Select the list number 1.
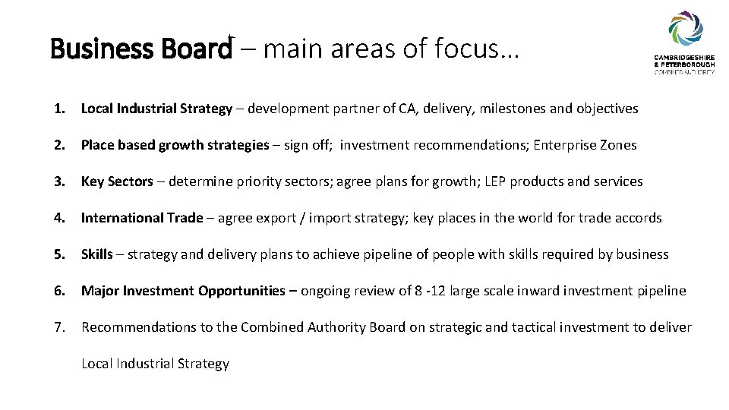(x=58, y=109)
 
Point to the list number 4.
(x=58, y=218)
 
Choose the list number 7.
(x=58, y=327)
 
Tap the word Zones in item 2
(x=617, y=145)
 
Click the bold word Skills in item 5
(x=96, y=254)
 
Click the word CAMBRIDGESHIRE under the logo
(x=685, y=60)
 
